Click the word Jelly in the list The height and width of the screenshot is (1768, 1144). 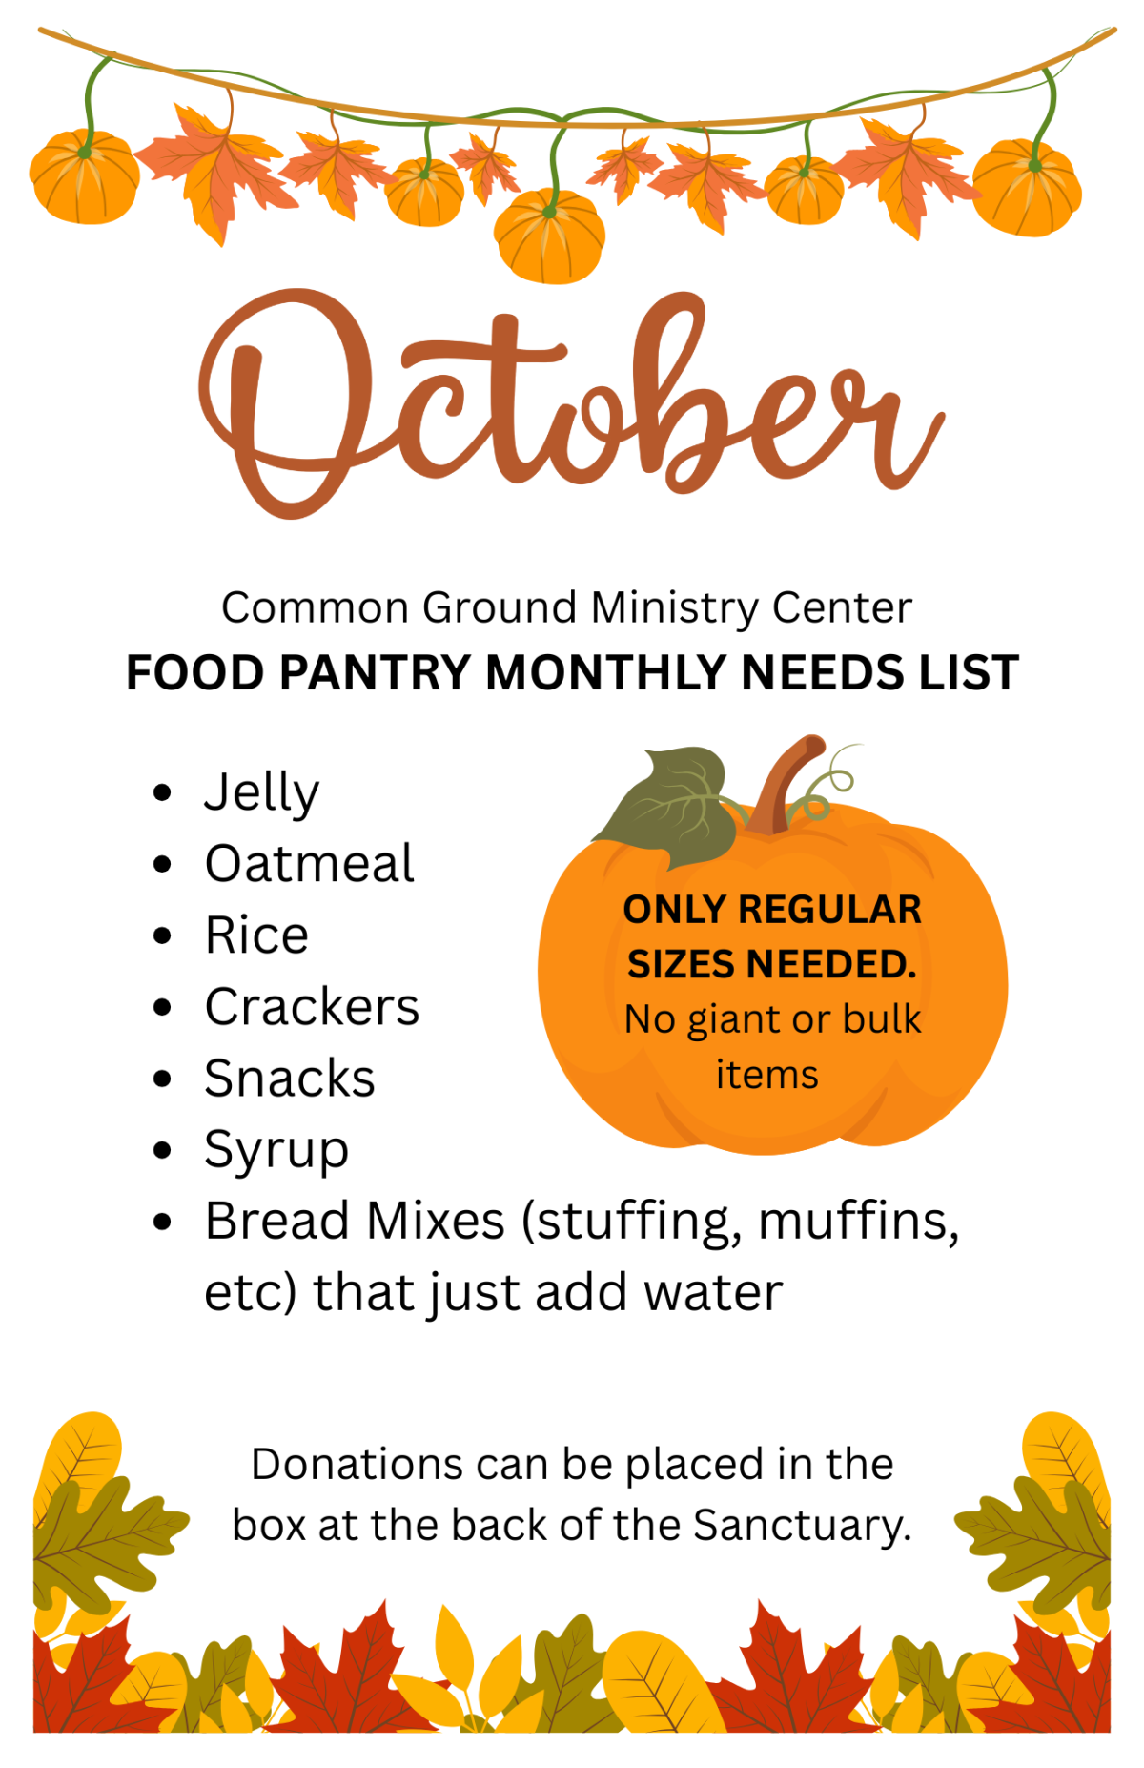click(x=262, y=793)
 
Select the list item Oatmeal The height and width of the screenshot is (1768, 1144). click(x=310, y=864)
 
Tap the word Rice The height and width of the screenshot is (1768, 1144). click(x=257, y=935)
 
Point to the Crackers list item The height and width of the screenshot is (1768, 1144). click(x=313, y=1007)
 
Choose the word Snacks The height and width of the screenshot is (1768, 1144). click(x=290, y=1079)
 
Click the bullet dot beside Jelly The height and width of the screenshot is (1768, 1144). click(x=162, y=792)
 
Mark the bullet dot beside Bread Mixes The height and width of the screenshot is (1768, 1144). click(x=162, y=1222)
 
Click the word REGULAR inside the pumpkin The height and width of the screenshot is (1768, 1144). click(x=830, y=910)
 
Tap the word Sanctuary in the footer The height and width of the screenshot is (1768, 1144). click(x=802, y=1525)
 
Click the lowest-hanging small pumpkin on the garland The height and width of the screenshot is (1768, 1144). click(x=550, y=235)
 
